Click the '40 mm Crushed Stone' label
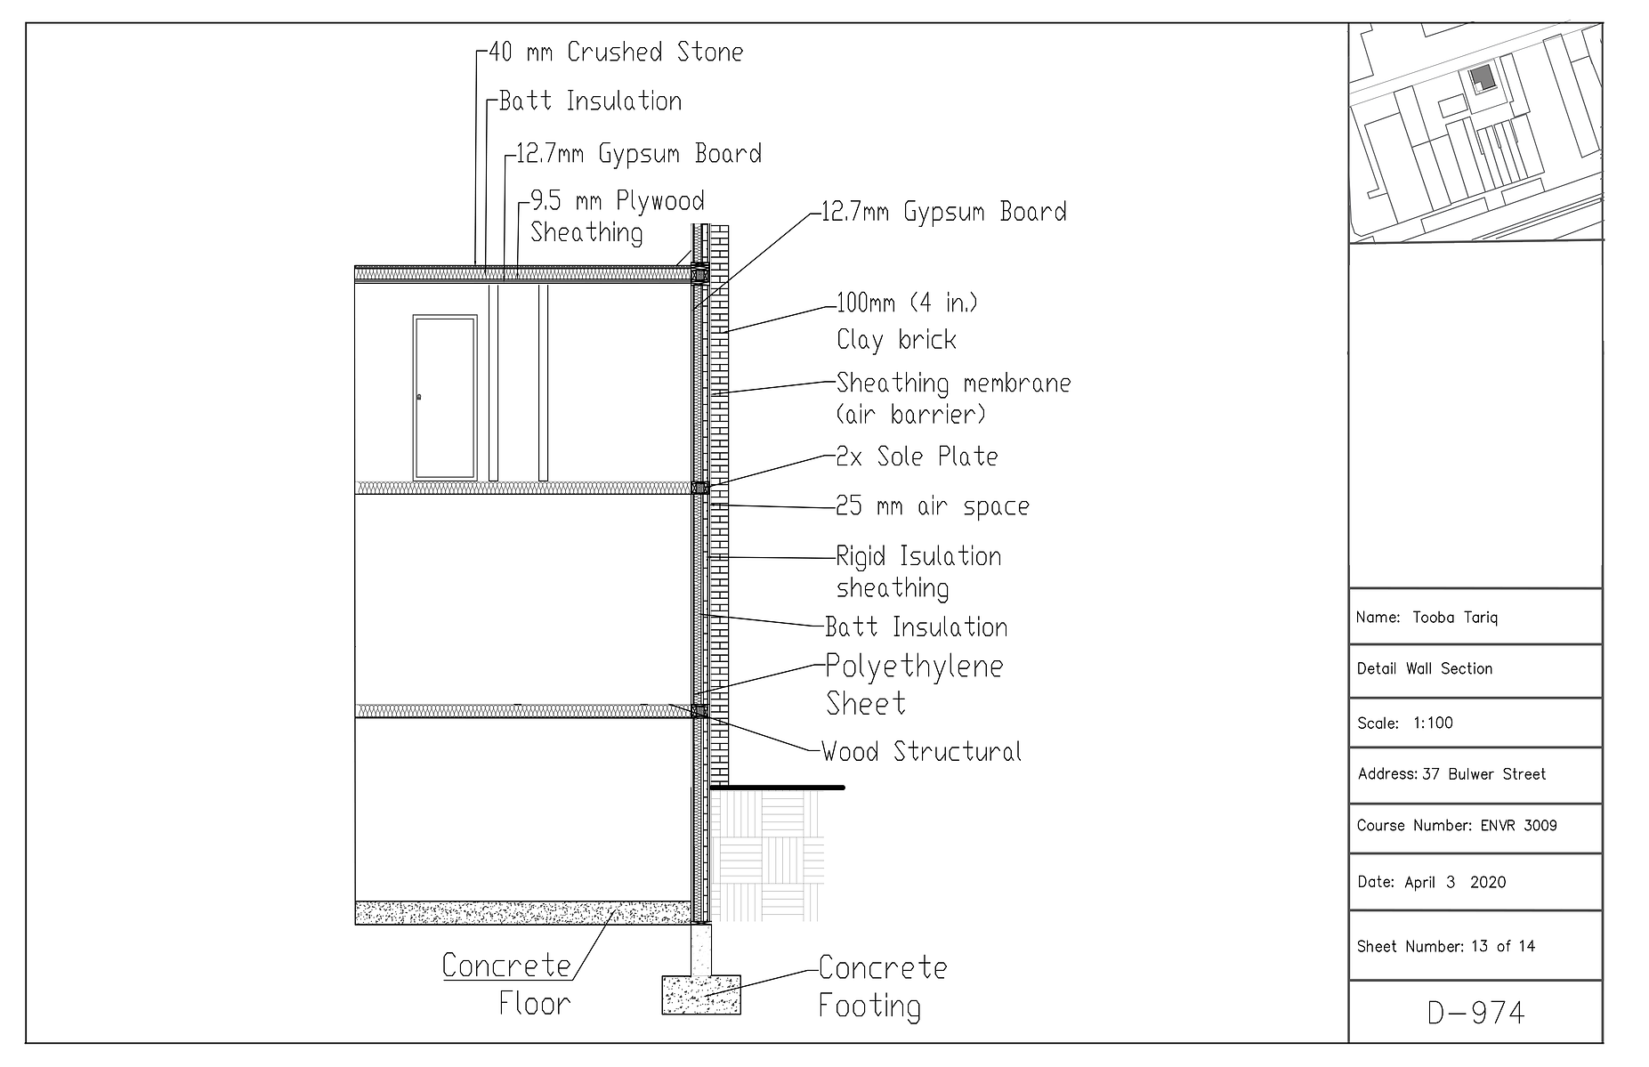click(616, 53)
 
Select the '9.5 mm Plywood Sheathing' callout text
click(618, 216)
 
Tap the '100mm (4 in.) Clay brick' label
click(907, 320)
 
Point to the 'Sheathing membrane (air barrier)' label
click(953, 398)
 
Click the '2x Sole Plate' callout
click(917, 457)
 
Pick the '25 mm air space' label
click(932, 506)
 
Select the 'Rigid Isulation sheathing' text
click(918, 571)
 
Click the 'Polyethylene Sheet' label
click(914, 684)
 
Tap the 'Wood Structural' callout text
click(921, 752)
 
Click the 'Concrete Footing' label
click(882, 986)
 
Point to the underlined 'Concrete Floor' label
click(507, 984)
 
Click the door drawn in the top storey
click(444, 397)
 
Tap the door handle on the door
click(419, 397)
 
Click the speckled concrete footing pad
click(701, 995)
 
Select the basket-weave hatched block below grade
click(766, 856)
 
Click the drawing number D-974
click(1476, 1013)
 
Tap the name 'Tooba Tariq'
click(1455, 618)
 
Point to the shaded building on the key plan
click(1480, 77)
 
